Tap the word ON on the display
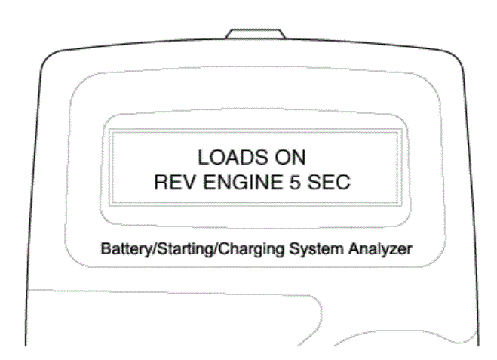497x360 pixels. (290, 157)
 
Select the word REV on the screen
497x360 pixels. (175, 182)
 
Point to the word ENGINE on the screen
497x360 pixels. (243, 182)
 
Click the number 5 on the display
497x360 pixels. (294, 182)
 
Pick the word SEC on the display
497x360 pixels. (329, 182)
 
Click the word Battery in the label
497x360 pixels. (127, 248)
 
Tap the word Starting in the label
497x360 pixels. (186, 249)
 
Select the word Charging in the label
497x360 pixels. (251, 249)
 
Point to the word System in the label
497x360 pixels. (316, 249)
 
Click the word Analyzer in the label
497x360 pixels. (380, 249)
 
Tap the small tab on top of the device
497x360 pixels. (256, 34)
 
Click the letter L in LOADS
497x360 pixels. (203, 157)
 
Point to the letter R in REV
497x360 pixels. (161, 182)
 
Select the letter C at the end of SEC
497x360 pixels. (343, 182)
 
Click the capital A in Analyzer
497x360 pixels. (354, 248)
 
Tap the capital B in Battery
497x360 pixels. (106, 248)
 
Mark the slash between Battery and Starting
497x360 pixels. (155, 248)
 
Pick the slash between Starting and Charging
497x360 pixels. (216, 248)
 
